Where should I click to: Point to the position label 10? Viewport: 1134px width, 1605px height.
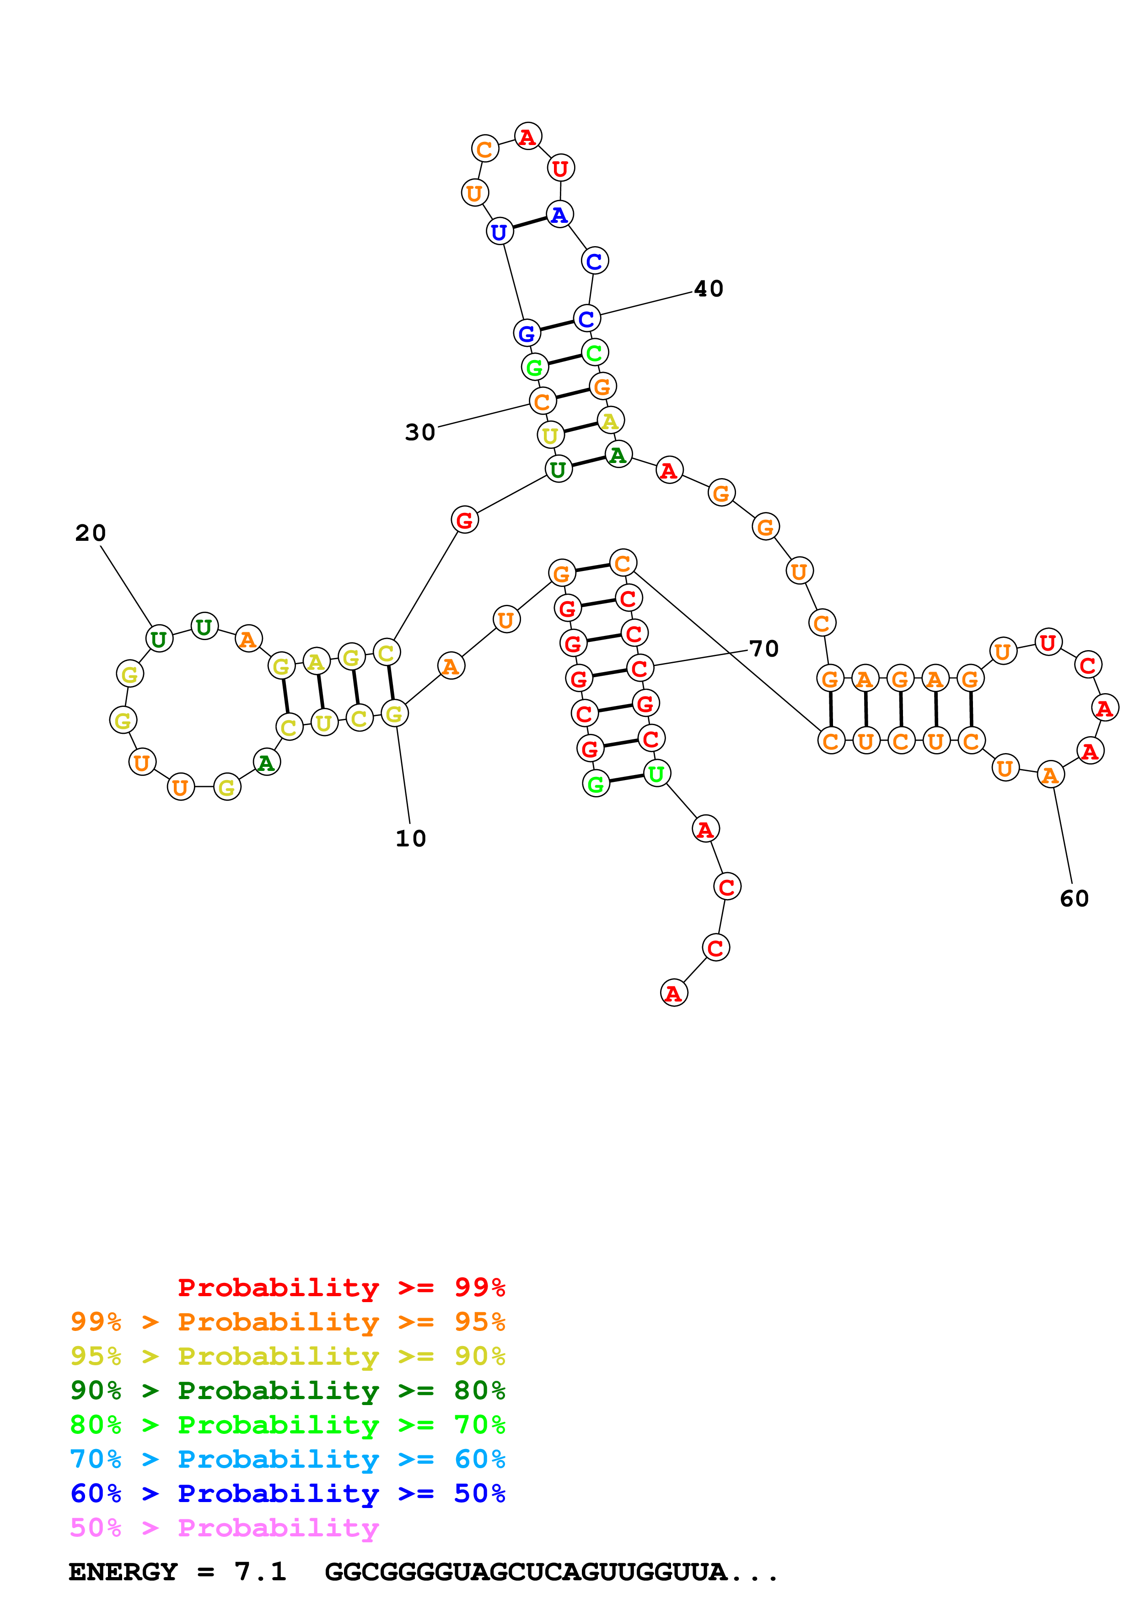click(x=411, y=838)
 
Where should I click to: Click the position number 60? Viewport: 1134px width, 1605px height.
click(x=1074, y=898)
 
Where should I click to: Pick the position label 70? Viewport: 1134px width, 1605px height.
click(x=763, y=649)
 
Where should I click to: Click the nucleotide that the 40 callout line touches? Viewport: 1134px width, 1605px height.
click(x=587, y=319)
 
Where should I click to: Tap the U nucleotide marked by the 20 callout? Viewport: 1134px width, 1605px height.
click(x=159, y=639)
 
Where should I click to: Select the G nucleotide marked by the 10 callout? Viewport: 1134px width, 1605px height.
click(x=394, y=714)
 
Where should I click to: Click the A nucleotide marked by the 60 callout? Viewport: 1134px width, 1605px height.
click(x=1050, y=775)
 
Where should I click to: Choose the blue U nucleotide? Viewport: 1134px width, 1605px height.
click(x=499, y=232)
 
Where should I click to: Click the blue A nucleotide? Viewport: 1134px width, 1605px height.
click(x=559, y=215)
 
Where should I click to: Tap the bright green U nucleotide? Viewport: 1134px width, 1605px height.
click(x=656, y=774)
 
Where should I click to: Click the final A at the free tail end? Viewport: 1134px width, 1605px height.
click(x=673, y=993)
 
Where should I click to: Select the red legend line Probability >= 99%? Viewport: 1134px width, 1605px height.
click(x=341, y=1287)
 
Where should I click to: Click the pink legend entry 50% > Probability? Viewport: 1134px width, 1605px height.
click(x=224, y=1527)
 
